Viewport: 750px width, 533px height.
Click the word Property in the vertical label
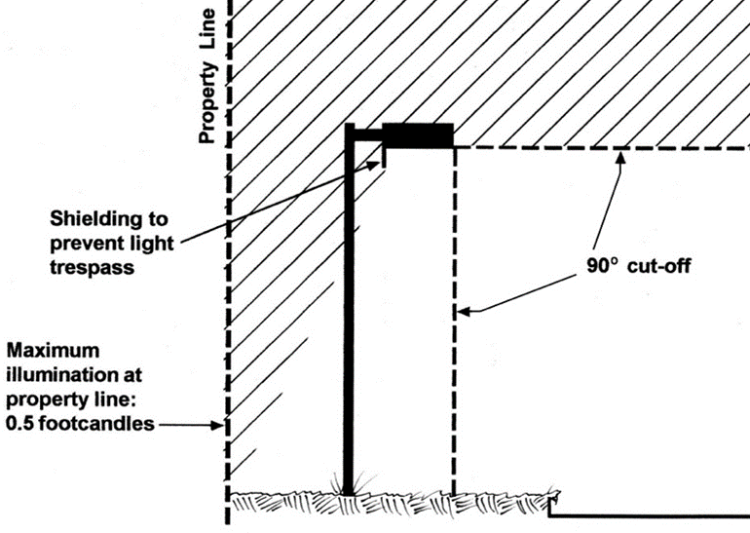click(x=206, y=104)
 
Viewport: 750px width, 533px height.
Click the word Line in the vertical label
click(x=206, y=30)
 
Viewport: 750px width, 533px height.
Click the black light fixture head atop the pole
click(x=418, y=134)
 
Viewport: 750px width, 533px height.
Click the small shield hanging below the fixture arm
click(x=384, y=154)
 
